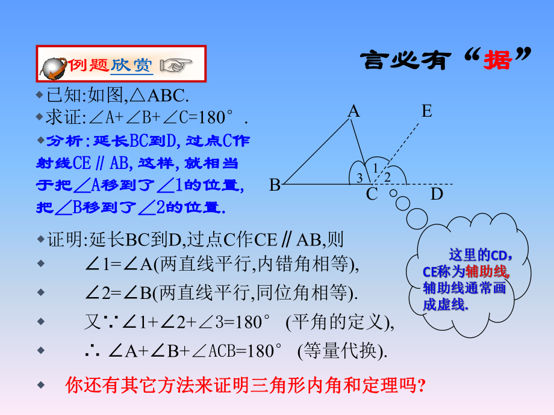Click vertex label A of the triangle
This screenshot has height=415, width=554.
[x=353, y=111]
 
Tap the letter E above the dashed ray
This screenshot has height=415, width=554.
[x=427, y=111]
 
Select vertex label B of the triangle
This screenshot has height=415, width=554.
[x=275, y=185]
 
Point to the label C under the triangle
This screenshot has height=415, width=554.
[x=372, y=194]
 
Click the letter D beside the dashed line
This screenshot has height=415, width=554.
[x=437, y=194]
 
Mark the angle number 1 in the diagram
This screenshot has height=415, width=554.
[x=375, y=168]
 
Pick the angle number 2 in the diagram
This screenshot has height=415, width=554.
[x=387, y=177]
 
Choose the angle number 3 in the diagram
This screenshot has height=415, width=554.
[x=359, y=178]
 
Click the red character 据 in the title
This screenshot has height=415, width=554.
[x=497, y=60]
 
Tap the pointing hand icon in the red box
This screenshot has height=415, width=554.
[x=176, y=65]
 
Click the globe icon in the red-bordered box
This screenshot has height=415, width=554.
[x=53, y=68]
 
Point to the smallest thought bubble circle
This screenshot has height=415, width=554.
[x=393, y=193]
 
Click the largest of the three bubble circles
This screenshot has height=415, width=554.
[x=417, y=218]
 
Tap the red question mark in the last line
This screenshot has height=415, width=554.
[x=421, y=386]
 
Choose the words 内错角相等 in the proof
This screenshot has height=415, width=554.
[x=303, y=263]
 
